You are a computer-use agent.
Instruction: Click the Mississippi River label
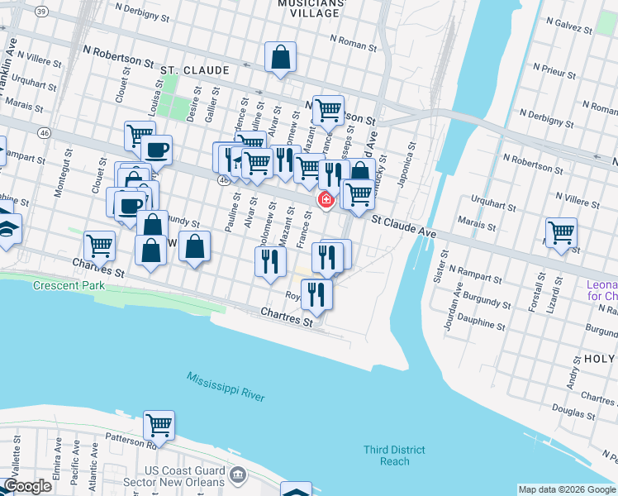pyautogui.click(x=226, y=386)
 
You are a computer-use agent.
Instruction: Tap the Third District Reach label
pyautogui.click(x=395, y=455)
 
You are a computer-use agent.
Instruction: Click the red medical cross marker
pyautogui.click(x=326, y=200)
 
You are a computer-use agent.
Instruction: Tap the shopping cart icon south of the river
pyautogui.click(x=159, y=426)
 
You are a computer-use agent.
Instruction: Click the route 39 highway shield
pyautogui.click(x=42, y=12)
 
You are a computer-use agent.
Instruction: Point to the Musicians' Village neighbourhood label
pyautogui.click(x=308, y=9)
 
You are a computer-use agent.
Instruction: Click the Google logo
pyautogui.click(x=28, y=486)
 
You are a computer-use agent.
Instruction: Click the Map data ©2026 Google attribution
pyautogui.click(x=567, y=489)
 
